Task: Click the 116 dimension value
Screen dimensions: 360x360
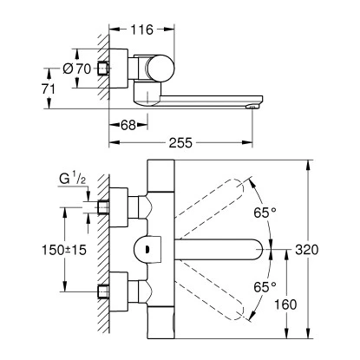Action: pyautogui.click(x=141, y=29)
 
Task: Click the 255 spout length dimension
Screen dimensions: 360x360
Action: pyautogui.click(x=180, y=142)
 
